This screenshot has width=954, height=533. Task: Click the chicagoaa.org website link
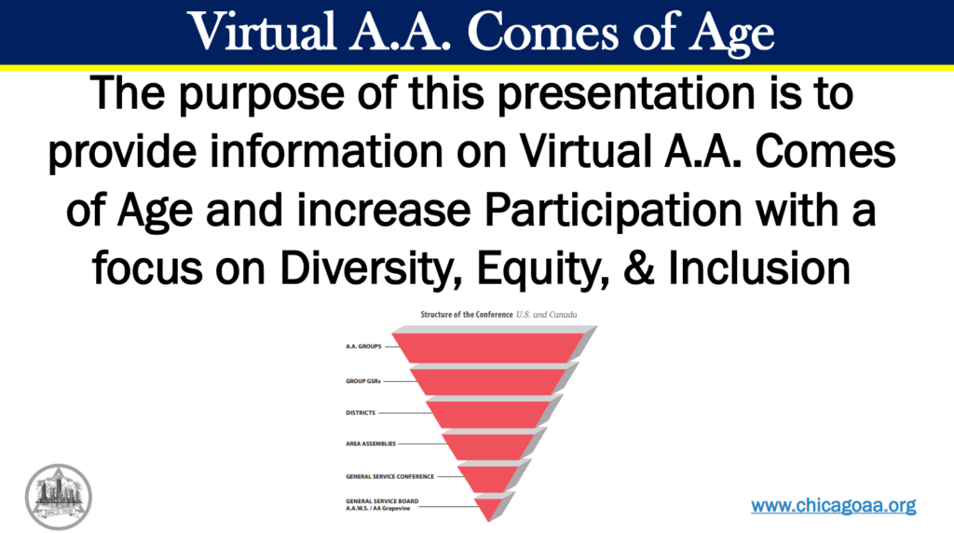click(x=833, y=505)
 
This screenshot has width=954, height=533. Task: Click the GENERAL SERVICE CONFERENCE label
click(x=389, y=475)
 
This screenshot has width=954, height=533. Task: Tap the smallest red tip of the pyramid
click(x=486, y=509)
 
